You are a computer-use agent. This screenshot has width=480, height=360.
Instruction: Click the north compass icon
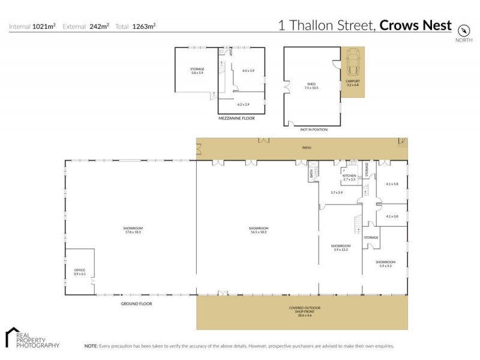463,31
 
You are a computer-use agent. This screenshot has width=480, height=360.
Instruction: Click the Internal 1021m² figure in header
32,26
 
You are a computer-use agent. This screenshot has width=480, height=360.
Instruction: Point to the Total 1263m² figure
140,26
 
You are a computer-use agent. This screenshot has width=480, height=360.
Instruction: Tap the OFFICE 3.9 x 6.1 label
79,271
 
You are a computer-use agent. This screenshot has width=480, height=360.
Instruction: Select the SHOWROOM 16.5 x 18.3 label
258,230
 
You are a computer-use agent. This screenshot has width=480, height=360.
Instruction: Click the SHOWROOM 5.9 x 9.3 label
385,263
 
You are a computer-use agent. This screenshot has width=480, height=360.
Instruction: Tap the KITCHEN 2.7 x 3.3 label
349,178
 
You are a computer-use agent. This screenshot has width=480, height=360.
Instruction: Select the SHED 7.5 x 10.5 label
311,86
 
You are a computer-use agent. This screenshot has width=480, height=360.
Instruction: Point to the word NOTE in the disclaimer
91,346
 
